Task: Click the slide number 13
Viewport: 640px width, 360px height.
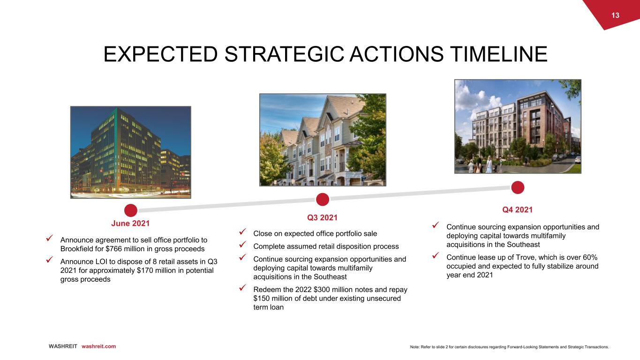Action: pyautogui.click(x=615, y=15)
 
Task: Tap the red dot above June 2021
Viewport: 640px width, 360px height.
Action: pyautogui.click(x=130, y=210)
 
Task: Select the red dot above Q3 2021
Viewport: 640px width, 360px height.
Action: pyautogui.click(x=322, y=199)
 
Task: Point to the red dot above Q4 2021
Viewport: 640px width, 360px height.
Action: pyautogui.click(x=518, y=187)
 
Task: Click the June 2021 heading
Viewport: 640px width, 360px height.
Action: pyautogui.click(x=130, y=223)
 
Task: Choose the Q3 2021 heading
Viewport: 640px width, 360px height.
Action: pyautogui.click(x=322, y=217)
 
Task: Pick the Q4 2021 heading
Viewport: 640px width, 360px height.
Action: pyautogui.click(x=518, y=210)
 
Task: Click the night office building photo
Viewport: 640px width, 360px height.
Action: pyautogui.click(x=130, y=152)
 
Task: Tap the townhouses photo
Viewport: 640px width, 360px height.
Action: pyautogui.click(x=323, y=140)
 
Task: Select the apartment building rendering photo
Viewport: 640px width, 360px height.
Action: pyautogui.click(x=518, y=126)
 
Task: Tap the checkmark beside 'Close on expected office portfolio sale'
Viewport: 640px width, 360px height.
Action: pyautogui.click(x=242, y=232)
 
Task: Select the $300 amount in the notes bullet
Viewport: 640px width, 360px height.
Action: pyautogui.click(x=322, y=289)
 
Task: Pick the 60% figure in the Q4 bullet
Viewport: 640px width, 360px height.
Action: pyautogui.click(x=590, y=257)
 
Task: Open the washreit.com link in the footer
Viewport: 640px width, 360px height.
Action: pyautogui.click(x=98, y=346)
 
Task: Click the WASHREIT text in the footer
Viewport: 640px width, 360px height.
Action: pyautogui.click(x=63, y=346)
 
